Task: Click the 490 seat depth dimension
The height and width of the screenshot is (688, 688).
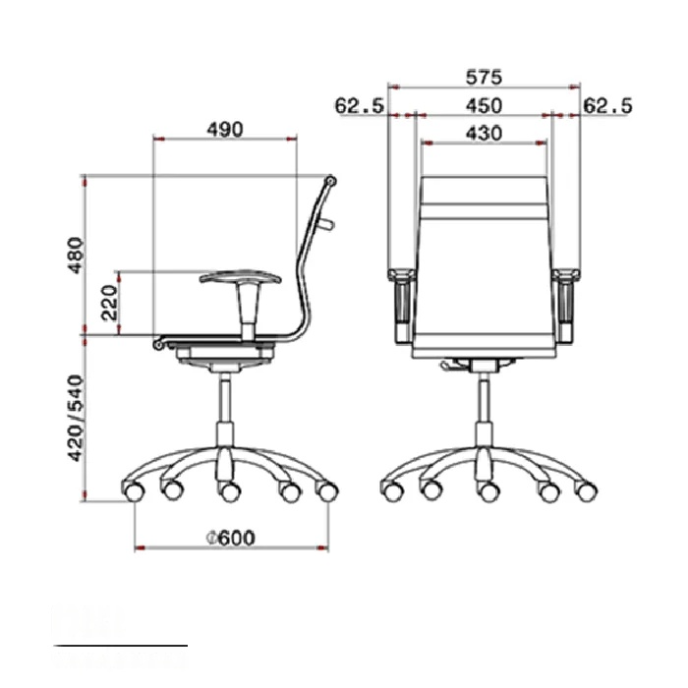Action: (225, 130)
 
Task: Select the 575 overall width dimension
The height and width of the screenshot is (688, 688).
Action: (484, 78)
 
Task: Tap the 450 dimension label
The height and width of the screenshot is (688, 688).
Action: (484, 106)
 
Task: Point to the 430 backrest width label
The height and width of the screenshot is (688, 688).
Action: (484, 133)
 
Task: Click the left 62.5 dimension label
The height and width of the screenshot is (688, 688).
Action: (360, 106)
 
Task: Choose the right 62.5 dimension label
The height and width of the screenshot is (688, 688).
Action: (607, 106)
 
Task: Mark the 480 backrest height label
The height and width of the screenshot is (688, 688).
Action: (75, 256)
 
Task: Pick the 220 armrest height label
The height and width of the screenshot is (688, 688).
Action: (109, 303)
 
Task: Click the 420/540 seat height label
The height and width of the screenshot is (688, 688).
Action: (76, 418)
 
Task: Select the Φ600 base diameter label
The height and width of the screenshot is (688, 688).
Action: (231, 538)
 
